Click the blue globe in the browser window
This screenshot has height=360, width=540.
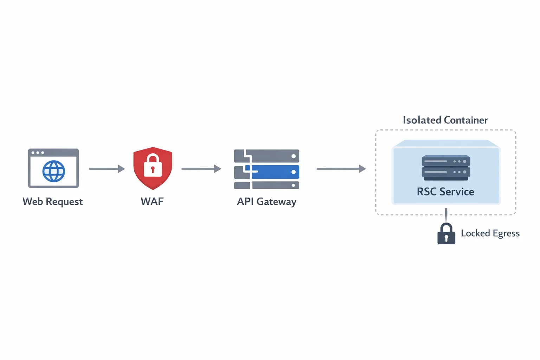point(53,171)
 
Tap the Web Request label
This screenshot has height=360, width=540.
point(53,201)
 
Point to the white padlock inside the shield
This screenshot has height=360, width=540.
point(153,166)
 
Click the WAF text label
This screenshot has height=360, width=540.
point(152,201)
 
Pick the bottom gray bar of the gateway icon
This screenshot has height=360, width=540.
point(274,185)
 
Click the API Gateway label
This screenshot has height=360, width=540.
point(266,201)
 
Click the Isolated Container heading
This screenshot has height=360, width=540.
point(445,120)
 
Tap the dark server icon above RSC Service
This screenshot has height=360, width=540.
point(446,167)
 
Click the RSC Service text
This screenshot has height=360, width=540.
point(445,192)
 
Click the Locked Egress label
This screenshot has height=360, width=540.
point(490,233)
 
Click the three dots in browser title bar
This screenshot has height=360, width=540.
point(38,153)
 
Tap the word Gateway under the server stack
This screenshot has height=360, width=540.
point(276,201)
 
